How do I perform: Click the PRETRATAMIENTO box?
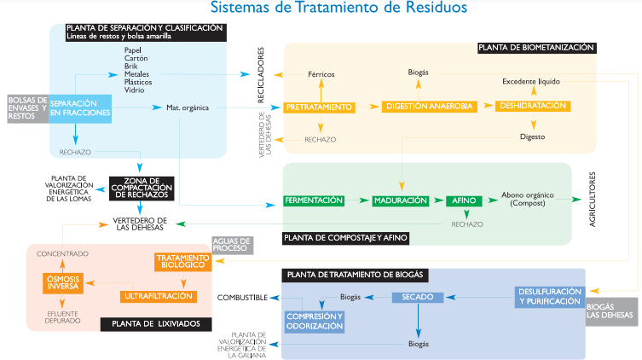pos(319,107)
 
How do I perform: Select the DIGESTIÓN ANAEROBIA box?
pos(429,107)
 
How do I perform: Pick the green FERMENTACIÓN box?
pos(314,200)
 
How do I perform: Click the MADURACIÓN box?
pos(399,200)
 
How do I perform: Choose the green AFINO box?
pos(461,200)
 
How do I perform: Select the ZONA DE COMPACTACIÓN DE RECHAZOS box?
pos(142,188)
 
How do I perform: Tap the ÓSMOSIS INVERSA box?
pos(63,282)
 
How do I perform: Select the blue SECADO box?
pos(419,297)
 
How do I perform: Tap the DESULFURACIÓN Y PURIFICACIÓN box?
pos(550,296)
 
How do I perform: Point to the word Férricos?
pos(321,74)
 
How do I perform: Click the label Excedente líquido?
pos(530,81)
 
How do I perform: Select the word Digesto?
pos(532,136)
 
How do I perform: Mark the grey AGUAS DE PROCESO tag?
pos(231,245)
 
